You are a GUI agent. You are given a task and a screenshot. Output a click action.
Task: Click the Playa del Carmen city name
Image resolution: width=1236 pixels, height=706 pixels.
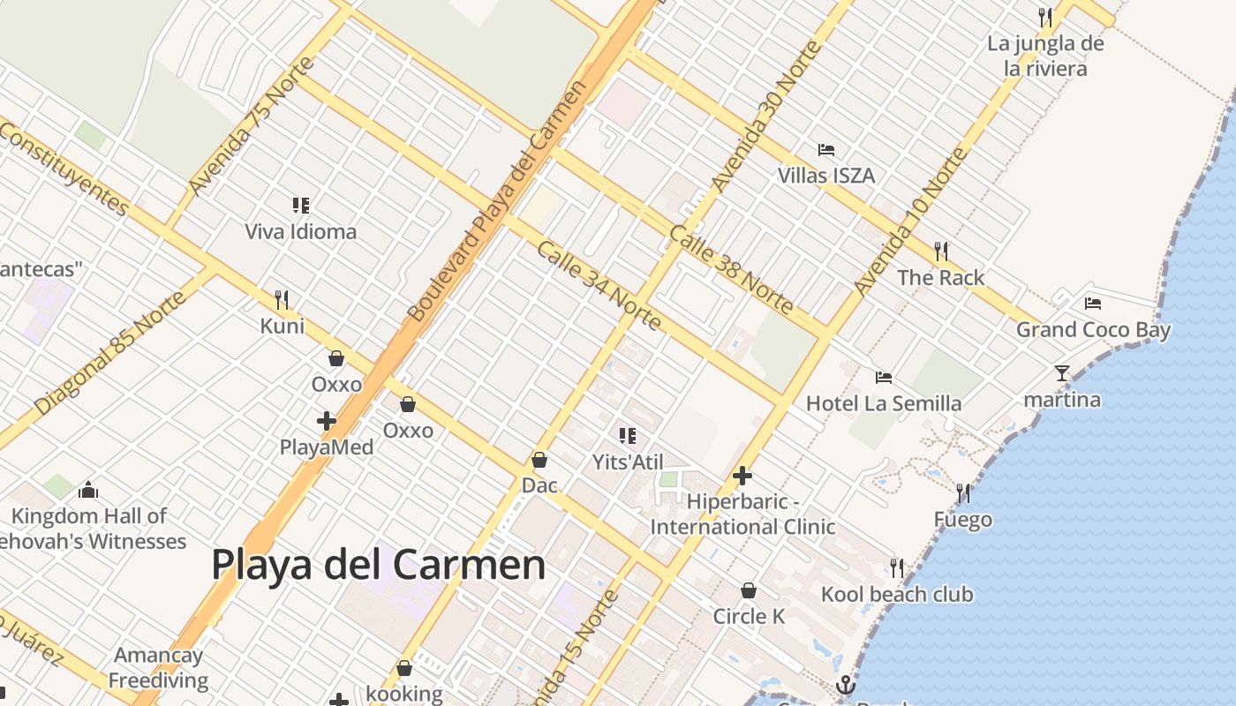pyautogui.click(x=379, y=565)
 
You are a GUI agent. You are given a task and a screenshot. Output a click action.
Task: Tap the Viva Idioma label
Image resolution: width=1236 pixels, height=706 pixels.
pyautogui.click(x=300, y=232)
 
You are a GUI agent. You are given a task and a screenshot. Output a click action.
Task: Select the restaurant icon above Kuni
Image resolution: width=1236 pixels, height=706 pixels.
pyautogui.click(x=282, y=300)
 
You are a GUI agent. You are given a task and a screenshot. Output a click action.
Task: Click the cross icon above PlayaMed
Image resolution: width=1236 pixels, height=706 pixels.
pyautogui.click(x=327, y=421)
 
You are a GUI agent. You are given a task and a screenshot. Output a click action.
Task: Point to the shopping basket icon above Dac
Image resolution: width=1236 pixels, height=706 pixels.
pyautogui.click(x=539, y=460)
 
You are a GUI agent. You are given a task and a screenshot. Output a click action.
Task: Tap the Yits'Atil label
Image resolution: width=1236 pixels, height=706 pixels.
pyautogui.click(x=628, y=462)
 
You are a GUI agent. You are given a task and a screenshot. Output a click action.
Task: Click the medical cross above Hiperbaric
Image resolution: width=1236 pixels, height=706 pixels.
pyautogui.click(x=742, y=477)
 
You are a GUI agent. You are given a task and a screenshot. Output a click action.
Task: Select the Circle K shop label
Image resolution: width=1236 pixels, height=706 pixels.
pyautogui.click(x=749, y=616)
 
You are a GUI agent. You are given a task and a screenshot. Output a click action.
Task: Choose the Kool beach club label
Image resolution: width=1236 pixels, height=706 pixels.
pyautogui.click(x=897, y=594)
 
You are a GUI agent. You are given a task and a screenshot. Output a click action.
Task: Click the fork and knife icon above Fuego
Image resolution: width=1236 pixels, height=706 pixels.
pyautogui.click(x=962, y=492)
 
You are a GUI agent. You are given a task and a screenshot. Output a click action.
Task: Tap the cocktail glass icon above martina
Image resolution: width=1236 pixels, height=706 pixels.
pyautogui.click(x=1062, y=373)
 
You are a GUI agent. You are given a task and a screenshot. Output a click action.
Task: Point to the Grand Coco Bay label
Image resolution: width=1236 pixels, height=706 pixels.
pyautogui.click(x=1093, y=330)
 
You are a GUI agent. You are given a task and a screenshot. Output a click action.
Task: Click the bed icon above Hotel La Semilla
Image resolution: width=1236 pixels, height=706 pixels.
pyautogui.click(x=884, y=378)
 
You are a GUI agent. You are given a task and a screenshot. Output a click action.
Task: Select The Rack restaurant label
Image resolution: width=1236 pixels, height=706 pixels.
pyautogui.click(x=940, y=277)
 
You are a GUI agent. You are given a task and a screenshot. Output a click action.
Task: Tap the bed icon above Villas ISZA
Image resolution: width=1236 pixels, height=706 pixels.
pyautogui.click(x=826, y=149)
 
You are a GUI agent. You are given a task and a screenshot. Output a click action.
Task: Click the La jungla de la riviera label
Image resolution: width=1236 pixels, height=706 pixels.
pyautogui.click(x=1045, y=56)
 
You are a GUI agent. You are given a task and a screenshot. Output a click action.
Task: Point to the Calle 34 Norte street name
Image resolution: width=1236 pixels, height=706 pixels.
pyautogui.click(x=599, y=286)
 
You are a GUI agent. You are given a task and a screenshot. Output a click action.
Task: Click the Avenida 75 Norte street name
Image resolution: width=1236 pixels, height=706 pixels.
pyautogui.click(x=252, y=125)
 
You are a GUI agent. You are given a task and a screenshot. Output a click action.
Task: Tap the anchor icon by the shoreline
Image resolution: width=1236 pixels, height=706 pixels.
pyautogui.click(x=846, y=685)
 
